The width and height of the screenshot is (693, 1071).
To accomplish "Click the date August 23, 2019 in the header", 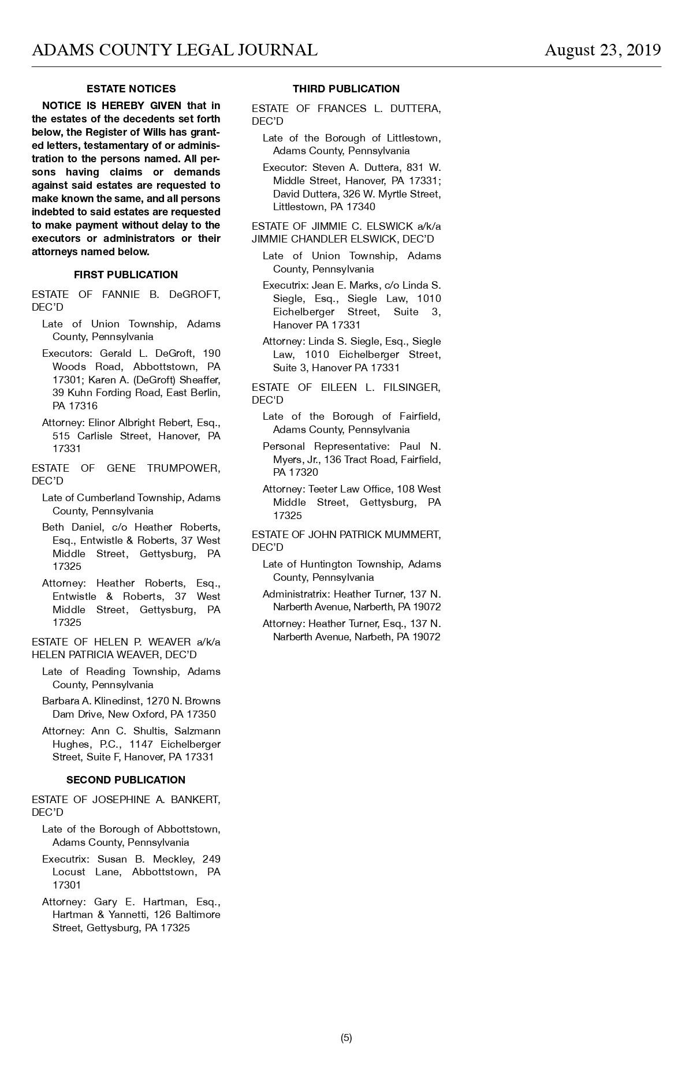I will [602, 50].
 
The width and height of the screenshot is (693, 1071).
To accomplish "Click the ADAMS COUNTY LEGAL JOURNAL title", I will [174, 50].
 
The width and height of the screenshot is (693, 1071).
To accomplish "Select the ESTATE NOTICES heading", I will [131, 89].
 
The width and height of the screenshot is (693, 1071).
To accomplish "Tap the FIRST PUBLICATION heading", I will [126, 275].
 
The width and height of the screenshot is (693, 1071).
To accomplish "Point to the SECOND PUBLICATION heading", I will [126, 780].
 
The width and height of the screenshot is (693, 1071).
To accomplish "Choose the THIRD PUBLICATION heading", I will [346, 89].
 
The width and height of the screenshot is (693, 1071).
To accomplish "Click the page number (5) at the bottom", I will [346, 1038].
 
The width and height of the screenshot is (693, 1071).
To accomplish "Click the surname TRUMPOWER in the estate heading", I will [183, 468].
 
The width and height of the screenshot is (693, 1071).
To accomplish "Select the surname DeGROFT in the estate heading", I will [194, 294].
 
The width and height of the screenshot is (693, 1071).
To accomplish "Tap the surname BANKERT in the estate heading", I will [195, 800].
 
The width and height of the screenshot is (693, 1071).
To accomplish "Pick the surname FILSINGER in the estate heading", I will [412, 387].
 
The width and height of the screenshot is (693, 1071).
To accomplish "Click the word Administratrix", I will [295, 594].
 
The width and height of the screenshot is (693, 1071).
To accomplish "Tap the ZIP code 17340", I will [360, 207].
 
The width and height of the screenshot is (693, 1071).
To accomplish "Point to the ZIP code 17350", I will [201, 714].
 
